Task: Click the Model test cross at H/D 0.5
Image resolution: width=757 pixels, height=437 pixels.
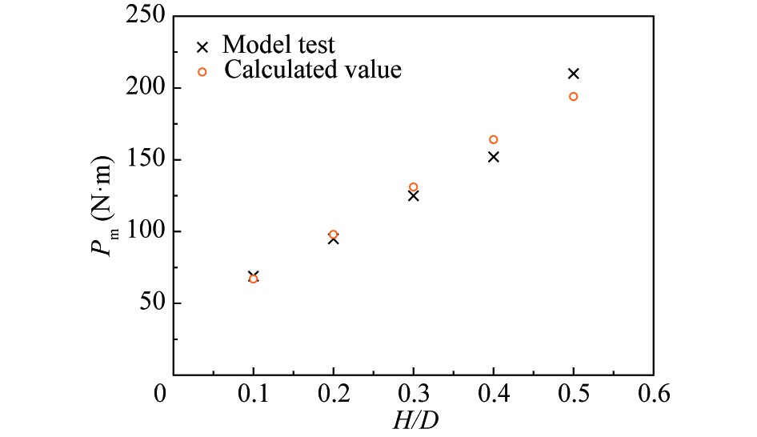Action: pyautogui.click(x=573, y=74)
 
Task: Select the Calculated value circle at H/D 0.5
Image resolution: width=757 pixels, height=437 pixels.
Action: pyautogui.click(x=573, y=97)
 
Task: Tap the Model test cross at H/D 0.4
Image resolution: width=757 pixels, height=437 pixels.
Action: pyautogui.click(x=493, y=157)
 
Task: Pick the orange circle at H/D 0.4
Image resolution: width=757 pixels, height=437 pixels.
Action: pyautogui.click(x=493, y=140)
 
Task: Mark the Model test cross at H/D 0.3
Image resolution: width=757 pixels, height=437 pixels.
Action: pyautogui.click(x=413, y=195)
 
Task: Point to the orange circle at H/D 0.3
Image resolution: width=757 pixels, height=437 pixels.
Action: pyautogui.click(x=413, y=187)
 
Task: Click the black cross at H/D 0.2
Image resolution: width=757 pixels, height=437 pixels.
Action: pyautogui.click(x=333, y=239)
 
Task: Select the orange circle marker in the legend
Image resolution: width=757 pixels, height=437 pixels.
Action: pyautogui.click(x=202, y=71)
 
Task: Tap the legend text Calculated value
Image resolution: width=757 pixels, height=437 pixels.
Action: pyautogui.click(x=313, y=70)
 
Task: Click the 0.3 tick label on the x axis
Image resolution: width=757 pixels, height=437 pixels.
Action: pyautogui.click(x=413, y=395)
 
